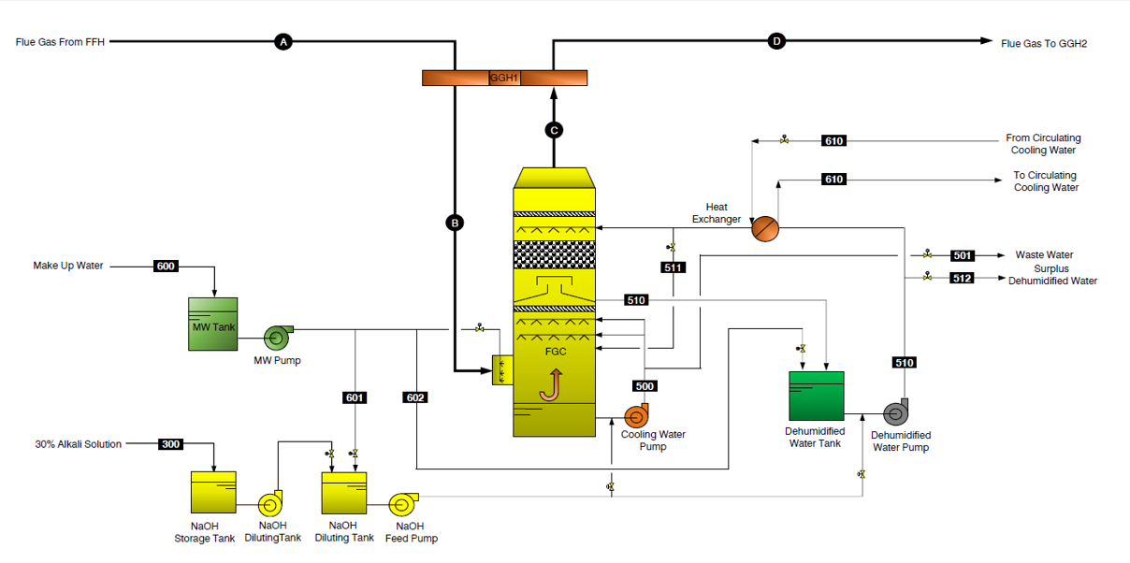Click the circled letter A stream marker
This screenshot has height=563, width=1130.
tap(283, 41)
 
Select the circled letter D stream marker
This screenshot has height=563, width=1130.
tap(775, 40)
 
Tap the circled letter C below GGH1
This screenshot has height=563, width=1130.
tap(554, 130)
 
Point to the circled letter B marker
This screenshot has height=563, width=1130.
tap(455, 223)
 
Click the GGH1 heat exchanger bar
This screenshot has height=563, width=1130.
tap(504, 78)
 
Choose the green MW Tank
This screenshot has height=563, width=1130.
tap(213, 325)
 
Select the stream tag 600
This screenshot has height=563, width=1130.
tap(166, 267)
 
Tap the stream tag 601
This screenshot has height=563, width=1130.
tap(355, 397)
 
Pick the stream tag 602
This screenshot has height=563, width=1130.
tap(415, 397)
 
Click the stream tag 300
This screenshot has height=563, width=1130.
tap(171, 443)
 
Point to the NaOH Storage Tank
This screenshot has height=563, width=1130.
tap(213, 492)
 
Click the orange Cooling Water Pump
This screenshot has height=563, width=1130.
tap(637, 415)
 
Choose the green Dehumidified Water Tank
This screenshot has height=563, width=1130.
tap(816, 396)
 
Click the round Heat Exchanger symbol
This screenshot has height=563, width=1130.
tap(765, 228)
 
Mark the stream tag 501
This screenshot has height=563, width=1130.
tap(963, 255)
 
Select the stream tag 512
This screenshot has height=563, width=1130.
tap(963, 278)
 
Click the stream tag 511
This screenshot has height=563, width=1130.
tap(673, 267)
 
